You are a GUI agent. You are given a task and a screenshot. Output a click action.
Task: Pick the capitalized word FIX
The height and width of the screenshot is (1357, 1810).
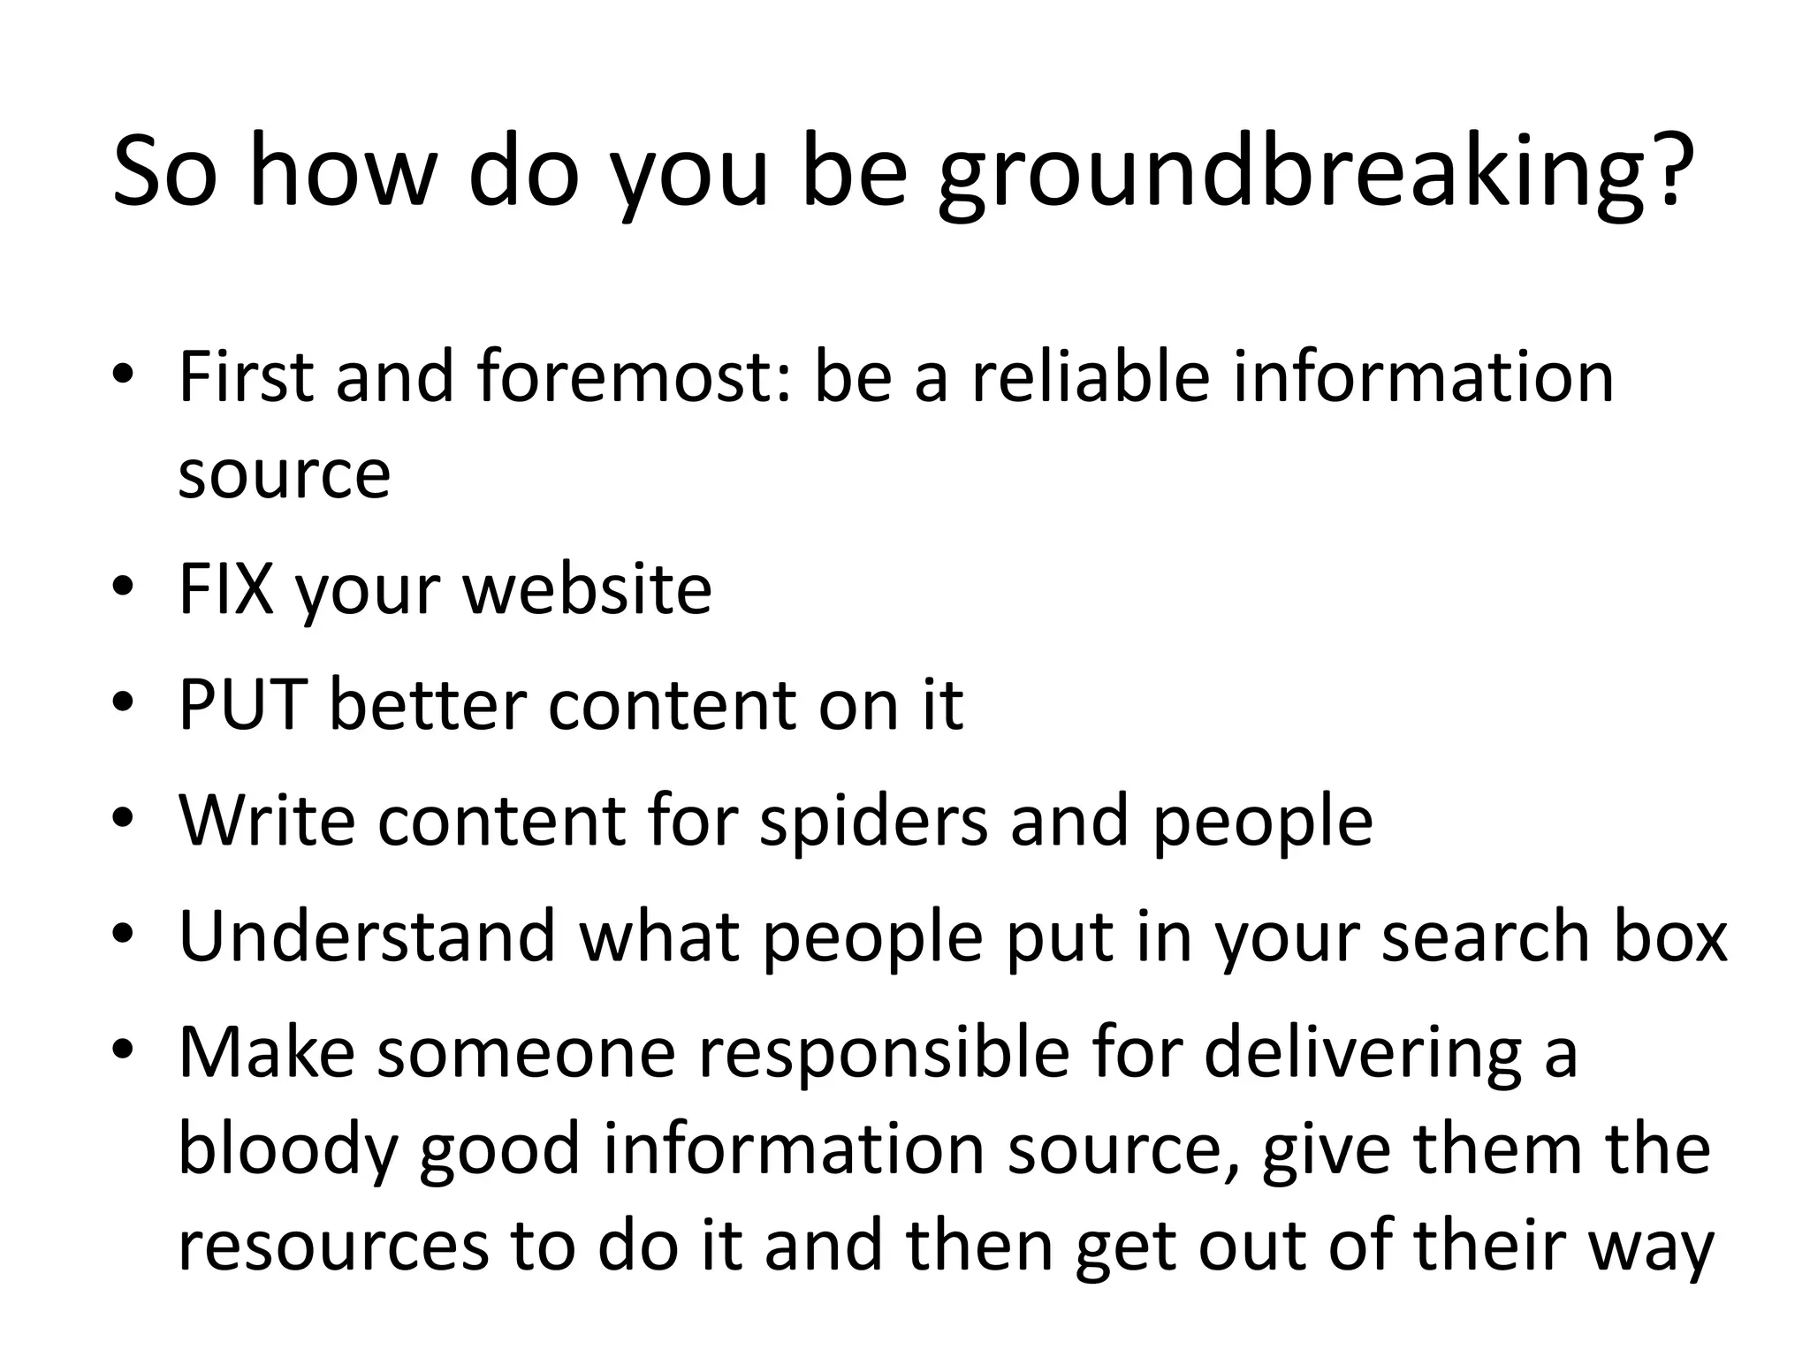tap(225, 589)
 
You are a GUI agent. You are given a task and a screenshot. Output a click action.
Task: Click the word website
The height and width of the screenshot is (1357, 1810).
tap(588, 589)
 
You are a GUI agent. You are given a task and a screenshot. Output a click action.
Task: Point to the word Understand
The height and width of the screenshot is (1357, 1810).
tap(367, 936)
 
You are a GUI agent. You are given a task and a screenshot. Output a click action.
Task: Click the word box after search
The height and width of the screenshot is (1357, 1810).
tap(1669, 936)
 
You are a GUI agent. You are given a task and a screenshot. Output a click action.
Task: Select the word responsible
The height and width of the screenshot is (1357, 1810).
tap(884, 1053)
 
